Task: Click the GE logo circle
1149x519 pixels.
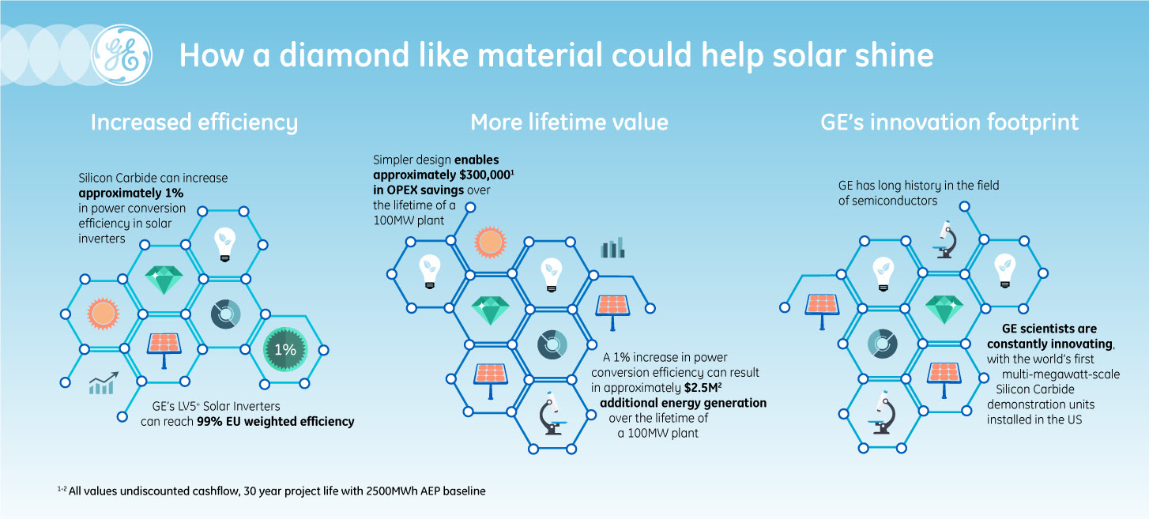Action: [x=122, y=55]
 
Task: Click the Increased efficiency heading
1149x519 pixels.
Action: [x=194, y=122]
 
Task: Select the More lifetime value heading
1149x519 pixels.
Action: [x=570, y=122]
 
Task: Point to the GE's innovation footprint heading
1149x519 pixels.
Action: [x=949, y=122]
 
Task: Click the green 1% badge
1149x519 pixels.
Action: [x=285, y=349]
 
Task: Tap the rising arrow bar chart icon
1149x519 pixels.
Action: [x=104, y=383]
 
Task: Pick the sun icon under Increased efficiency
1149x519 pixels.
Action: [x=103, y=314]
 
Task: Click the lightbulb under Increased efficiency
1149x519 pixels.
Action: [x=224, y=244]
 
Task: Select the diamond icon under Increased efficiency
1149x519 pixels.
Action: [x=164, y=280]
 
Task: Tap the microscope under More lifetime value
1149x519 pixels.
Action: [x=552, y=413]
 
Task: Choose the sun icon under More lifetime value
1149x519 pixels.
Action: [x=490, y=242]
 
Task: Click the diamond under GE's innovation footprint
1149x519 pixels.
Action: [x=944, y=309]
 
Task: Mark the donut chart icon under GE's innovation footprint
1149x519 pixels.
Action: [x=882, y=343]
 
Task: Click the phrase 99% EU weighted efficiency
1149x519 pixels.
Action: [x=276, y=422]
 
